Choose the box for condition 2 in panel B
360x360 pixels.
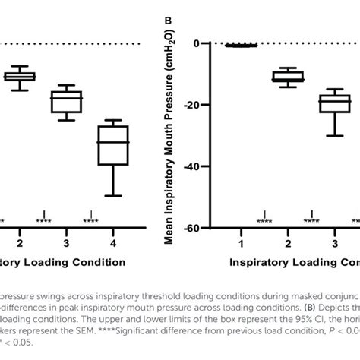(x=288, y=76)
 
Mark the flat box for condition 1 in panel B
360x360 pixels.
(x=242, y=46)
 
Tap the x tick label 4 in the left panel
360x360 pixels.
(x=112, y=242)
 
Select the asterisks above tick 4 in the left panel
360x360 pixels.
(x=90, y=221)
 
